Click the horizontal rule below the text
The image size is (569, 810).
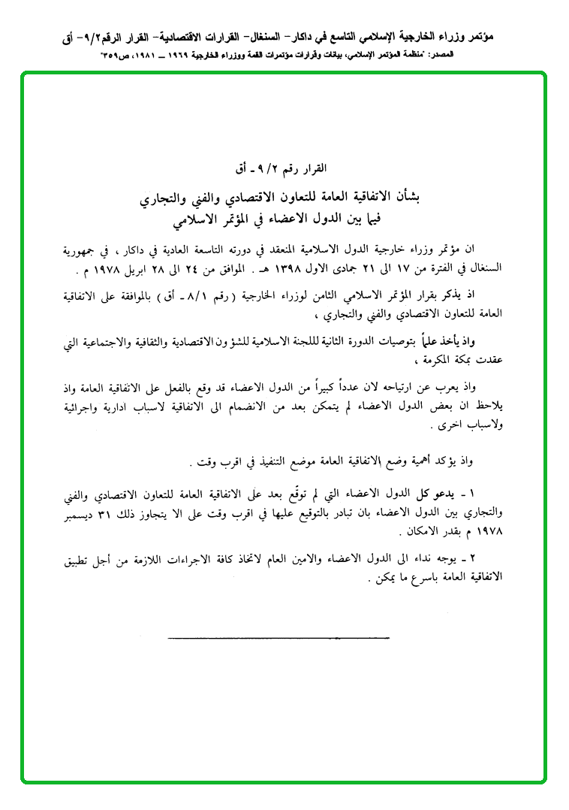tap(278, 639)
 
